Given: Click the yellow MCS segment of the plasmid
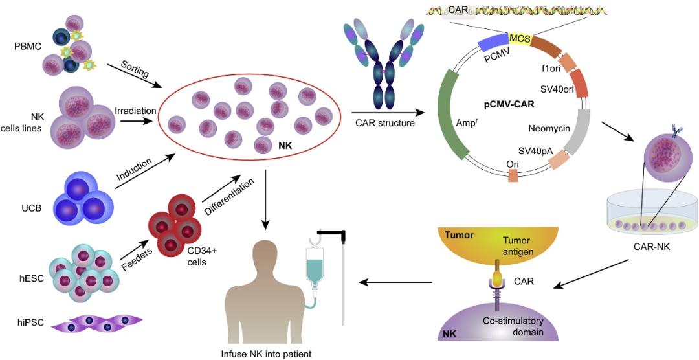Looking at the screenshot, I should click(x=520, y=39).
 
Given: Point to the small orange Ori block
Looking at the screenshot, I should click(x=513, y=176).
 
